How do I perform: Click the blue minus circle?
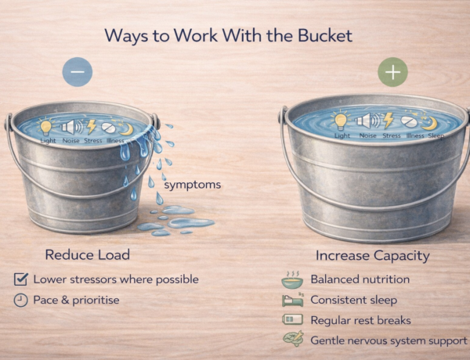78,72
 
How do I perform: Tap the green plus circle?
392,72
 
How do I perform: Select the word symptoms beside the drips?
193,185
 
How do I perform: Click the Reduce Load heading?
88,254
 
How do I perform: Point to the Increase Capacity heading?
373,255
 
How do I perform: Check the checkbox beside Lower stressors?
21,279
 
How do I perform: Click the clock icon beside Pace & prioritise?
21,300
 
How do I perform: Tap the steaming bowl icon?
292,280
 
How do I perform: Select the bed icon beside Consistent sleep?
293,300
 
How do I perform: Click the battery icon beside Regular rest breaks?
292,319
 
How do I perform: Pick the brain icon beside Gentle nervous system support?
294,339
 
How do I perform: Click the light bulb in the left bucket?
46,126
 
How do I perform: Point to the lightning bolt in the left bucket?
91,126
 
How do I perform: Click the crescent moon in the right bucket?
429,123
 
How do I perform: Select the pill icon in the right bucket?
409,121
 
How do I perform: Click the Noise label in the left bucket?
71,140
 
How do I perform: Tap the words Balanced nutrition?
360,279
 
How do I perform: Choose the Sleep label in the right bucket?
436,135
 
